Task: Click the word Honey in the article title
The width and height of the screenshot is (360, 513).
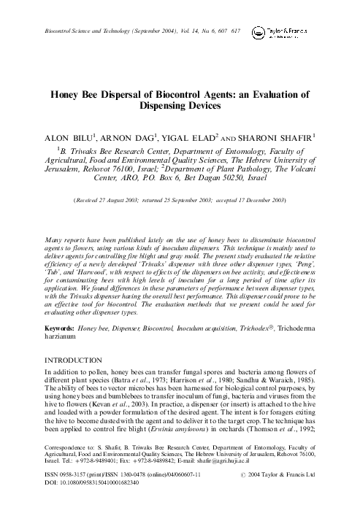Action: pyautogui.click(x=65, y=95)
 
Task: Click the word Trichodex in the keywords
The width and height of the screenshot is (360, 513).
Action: pyautogui.click(x=261, y=331)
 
